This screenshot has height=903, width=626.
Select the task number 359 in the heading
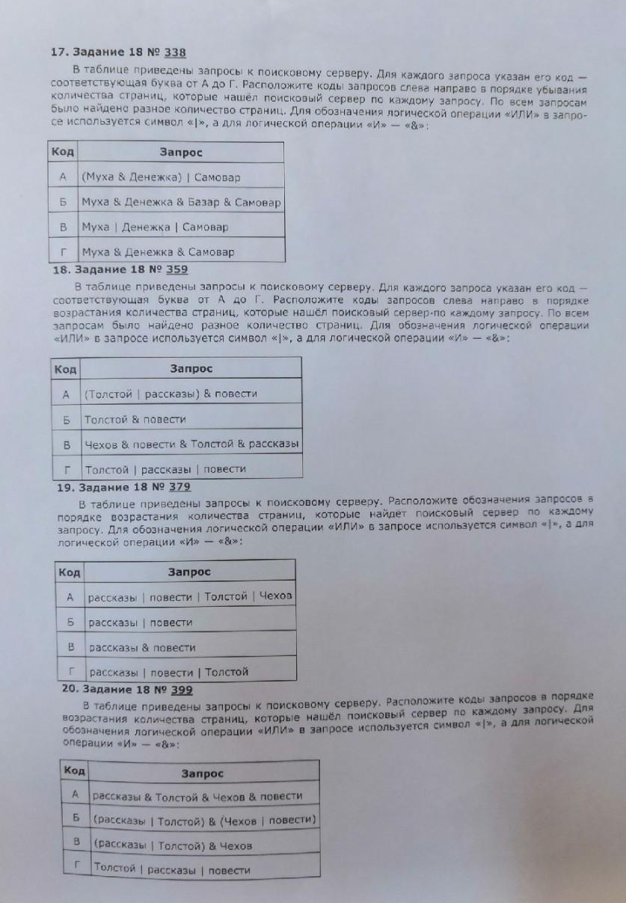pyautogui.click(x=177, y=270)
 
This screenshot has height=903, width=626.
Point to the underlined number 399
pyautogui.click(x=182, y=690)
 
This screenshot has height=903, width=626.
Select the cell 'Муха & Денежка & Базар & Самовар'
pyautogui.click(x=181, y=202)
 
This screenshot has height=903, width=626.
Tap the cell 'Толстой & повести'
pyautogui.click(x=135, y=420)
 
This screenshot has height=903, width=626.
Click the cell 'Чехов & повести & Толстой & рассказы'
pyautogui.click(x=192, y=444)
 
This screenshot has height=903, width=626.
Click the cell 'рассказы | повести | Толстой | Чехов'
pyautogui.click(x=190, y=597)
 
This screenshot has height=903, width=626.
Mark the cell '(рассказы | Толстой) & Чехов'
pyautogui.click(x=173, y=845)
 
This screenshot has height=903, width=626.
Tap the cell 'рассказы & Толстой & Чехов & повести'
pyautogui.click(x=197, y=795)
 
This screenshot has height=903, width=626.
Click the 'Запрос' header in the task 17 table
pyautogui.click(x=181, y=153)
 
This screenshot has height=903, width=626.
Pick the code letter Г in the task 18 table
pyautogui.click(x=67, y=470)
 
